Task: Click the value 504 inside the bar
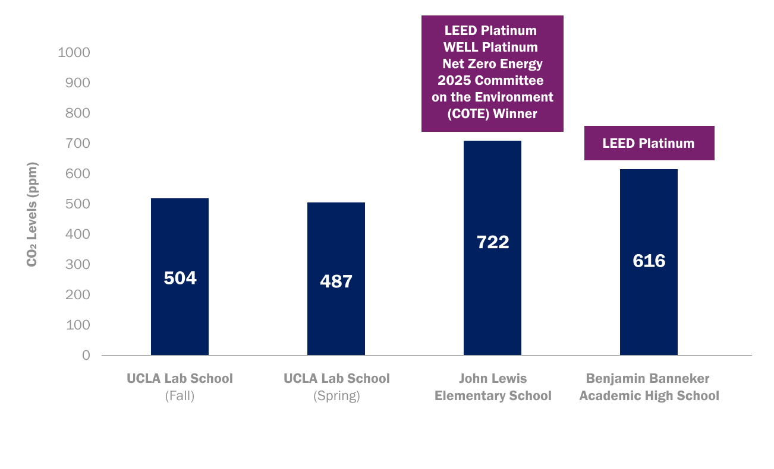point(180,278)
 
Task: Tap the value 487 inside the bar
point(336,281)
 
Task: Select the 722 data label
point(493,242)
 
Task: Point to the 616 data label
point(649,261)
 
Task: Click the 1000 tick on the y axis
point(74,52)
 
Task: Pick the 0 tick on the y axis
point(86,355)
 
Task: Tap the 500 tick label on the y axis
point(78,204)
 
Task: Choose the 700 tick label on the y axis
point(78,143)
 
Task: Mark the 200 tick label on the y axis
point(78,294)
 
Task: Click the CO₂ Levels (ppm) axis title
point(32,214)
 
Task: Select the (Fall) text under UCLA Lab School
point(180,396)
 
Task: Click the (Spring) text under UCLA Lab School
point(336,396)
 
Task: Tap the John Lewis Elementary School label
point(493,387)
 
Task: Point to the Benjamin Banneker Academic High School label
point(649,387)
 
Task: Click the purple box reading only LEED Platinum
point(649,143)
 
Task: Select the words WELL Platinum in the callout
point(490,47)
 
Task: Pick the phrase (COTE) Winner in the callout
point(492,113)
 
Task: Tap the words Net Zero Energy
point(492,64)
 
